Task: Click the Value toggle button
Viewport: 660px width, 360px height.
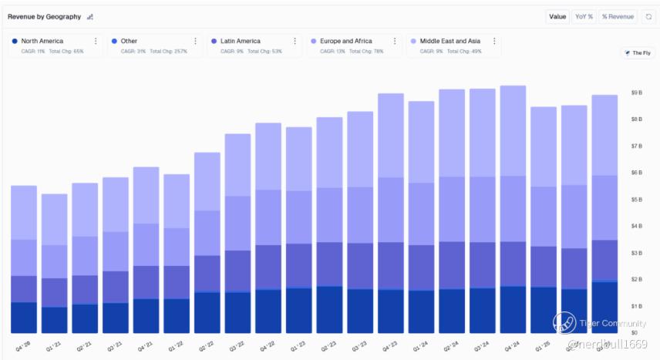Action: (557, 16)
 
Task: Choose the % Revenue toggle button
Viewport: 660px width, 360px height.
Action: (618, 16)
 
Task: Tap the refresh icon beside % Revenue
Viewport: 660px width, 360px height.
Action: (648, 16)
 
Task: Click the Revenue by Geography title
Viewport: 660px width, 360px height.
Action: (44, 16)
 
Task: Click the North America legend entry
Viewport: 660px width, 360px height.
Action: (42, 41)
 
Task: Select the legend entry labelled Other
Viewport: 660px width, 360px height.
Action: (129, 41)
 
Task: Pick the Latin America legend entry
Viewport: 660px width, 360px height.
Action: (240, 41)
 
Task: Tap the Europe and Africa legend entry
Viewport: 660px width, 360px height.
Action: (345, 41)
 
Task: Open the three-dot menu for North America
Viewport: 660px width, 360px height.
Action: (96, 42)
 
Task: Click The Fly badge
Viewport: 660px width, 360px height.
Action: (638, 53)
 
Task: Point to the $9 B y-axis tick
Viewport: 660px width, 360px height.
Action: (637, 93)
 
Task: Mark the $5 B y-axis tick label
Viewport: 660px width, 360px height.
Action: (637, 200)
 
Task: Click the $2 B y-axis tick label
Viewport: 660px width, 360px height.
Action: (637, 279)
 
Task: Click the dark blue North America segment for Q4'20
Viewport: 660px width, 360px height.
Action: (24, 318)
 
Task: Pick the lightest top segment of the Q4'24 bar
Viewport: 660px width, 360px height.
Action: (513, 131)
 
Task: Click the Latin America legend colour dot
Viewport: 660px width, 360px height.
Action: (214, 41)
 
